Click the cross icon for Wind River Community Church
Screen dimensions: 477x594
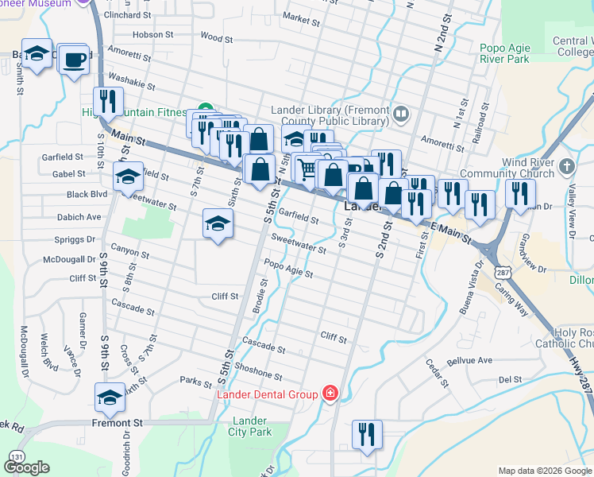pyautogui.click(x=566, y=168)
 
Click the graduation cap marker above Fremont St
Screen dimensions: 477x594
pyautogui.click(x=110, y=397)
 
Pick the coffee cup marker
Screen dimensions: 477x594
pyautogui.click(x=75, y=60)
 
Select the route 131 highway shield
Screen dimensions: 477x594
pyautogui.click(x=17, y=456)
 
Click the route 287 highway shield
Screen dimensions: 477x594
pyautogui.click(x=501, y=271)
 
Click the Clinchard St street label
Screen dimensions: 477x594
pyautogui.click(x=127, y=15)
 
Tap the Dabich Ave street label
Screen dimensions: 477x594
pyautogui.click(x=79, y=216)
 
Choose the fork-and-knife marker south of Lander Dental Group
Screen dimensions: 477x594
pyautogui.click(x=366, y=434)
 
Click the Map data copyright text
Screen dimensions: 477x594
pyautogui.click(x=545, y=471)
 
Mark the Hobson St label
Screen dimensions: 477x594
pyautogui.click(x=153, y=35)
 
